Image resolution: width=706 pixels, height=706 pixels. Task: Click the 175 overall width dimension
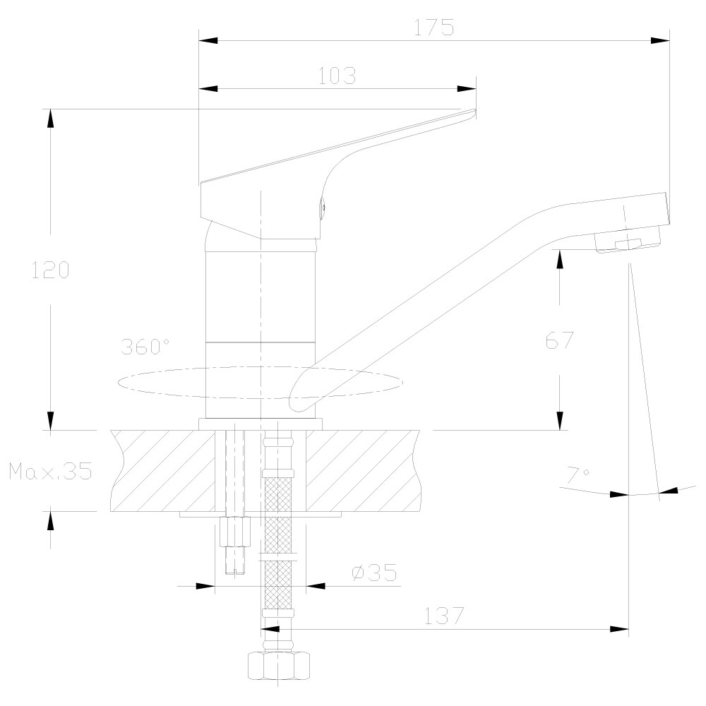[x=434, y=28]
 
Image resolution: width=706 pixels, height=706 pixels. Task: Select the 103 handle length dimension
[x=337, y=76]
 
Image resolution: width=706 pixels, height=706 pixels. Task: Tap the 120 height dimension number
[x=50, y=270]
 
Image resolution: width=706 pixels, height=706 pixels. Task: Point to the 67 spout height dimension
[x=560, y=340]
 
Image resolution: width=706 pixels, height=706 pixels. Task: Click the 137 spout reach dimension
[x=444, y=616]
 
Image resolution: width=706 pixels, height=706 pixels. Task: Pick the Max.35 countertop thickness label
[x=50, y=471]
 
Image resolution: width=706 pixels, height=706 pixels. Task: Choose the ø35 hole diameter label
[x=375, y=573]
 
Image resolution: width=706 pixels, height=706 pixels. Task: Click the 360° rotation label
[x=145, y=346]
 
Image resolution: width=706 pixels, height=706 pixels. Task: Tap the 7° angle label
[x=578, y=475]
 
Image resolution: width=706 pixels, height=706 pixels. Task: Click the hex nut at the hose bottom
[x=279, y=666]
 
